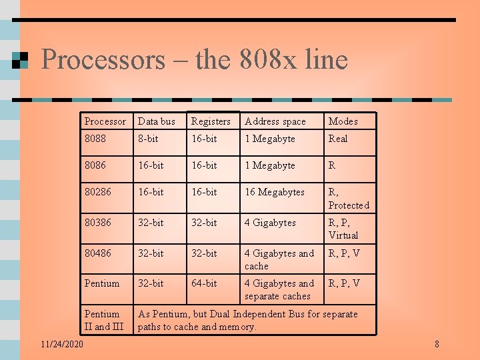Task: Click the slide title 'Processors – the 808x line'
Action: (x=194, y=60)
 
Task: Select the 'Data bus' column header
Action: (x=156, y=121)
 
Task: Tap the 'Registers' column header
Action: (x=211, y=121)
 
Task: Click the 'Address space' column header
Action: (x=275, y=121)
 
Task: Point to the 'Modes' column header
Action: (x=343, y=121)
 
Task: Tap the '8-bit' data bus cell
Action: (x=148, y=139)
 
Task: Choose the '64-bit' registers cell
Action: (x=204, y=283)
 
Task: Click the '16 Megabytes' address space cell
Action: (x=274, y=192)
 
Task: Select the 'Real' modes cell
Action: (x=338, y=139)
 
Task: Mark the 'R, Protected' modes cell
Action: (x=348, y=199)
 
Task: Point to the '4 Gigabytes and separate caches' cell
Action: (x=279, y=289)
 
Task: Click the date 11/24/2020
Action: (x=61, y=344)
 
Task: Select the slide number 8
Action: (x=437, y=344)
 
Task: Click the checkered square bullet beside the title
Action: (x=20, y=61)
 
